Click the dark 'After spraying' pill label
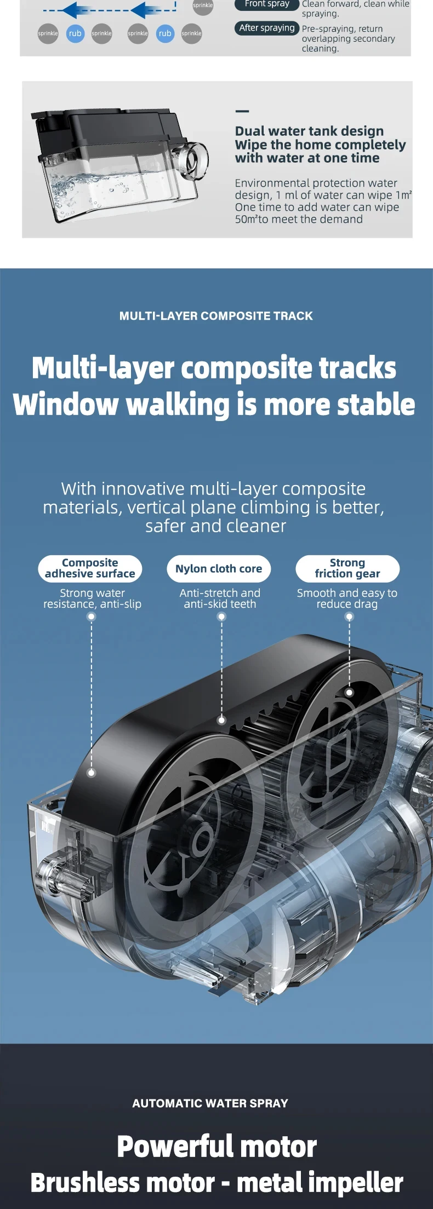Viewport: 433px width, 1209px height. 266,28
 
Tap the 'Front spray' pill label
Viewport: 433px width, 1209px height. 266,4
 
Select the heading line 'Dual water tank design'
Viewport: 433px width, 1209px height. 309,131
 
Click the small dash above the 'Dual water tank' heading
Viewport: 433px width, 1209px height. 242,111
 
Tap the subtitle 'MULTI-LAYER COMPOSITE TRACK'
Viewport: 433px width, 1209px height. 216,316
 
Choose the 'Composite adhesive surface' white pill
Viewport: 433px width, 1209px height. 90,568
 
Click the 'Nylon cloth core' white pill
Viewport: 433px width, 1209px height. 219,568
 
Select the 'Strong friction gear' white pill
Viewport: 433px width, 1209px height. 347,568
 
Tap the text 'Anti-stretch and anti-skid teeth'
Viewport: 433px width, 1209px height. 220,598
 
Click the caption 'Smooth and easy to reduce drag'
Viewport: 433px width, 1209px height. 347,598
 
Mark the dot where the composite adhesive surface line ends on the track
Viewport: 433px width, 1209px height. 92,773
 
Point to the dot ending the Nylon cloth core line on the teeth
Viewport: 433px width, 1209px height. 221,720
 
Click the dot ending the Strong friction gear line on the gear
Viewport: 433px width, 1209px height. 349,693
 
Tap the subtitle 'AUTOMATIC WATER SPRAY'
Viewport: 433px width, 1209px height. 210,1103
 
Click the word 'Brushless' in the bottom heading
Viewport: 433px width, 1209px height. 123,1183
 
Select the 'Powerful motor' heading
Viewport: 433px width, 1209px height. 216,1146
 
